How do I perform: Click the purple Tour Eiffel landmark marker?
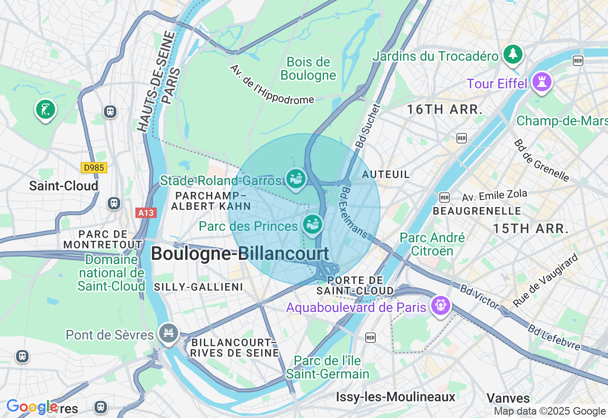pos(542,82)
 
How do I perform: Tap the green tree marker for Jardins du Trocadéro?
pos(513,54)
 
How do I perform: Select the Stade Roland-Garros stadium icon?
pos(295,179)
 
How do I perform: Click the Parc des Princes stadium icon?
pos(313,224)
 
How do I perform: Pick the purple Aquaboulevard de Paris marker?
pos(441,305)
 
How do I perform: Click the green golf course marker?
pos(45,110)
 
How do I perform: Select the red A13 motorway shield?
pos(145,213)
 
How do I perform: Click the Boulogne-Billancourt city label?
pos(240,254)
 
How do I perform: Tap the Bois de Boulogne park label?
pos(308,69)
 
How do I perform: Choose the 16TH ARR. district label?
pos(445,110)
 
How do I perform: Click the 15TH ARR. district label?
pos(531,228)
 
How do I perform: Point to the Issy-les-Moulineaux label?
pos(395,397)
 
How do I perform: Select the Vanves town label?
pos(508,398)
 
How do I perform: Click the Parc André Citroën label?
pos(432,244)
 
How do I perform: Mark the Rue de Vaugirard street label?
pos(546,280)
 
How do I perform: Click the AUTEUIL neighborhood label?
pos(386,175)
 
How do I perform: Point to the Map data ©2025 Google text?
pos(550,411)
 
